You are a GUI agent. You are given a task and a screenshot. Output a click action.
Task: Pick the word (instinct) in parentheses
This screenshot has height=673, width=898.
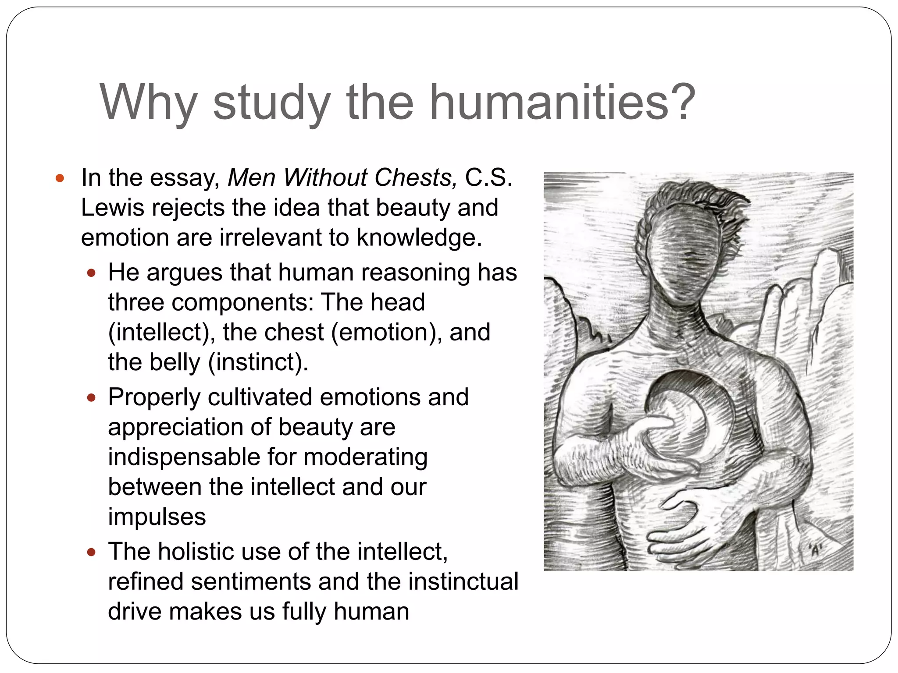(258, 362)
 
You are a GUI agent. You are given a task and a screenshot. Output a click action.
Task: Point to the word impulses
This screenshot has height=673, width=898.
(157, 517)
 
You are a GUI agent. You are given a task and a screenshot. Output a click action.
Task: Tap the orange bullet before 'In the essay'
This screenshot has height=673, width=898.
(60, 178)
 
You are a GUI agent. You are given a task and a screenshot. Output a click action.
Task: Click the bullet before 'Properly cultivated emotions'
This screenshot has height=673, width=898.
(91, 398)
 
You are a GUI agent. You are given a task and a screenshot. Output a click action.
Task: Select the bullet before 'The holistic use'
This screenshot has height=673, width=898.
(91, 552)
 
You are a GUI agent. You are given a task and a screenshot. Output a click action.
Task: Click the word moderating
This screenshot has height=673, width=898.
(365, 457)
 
